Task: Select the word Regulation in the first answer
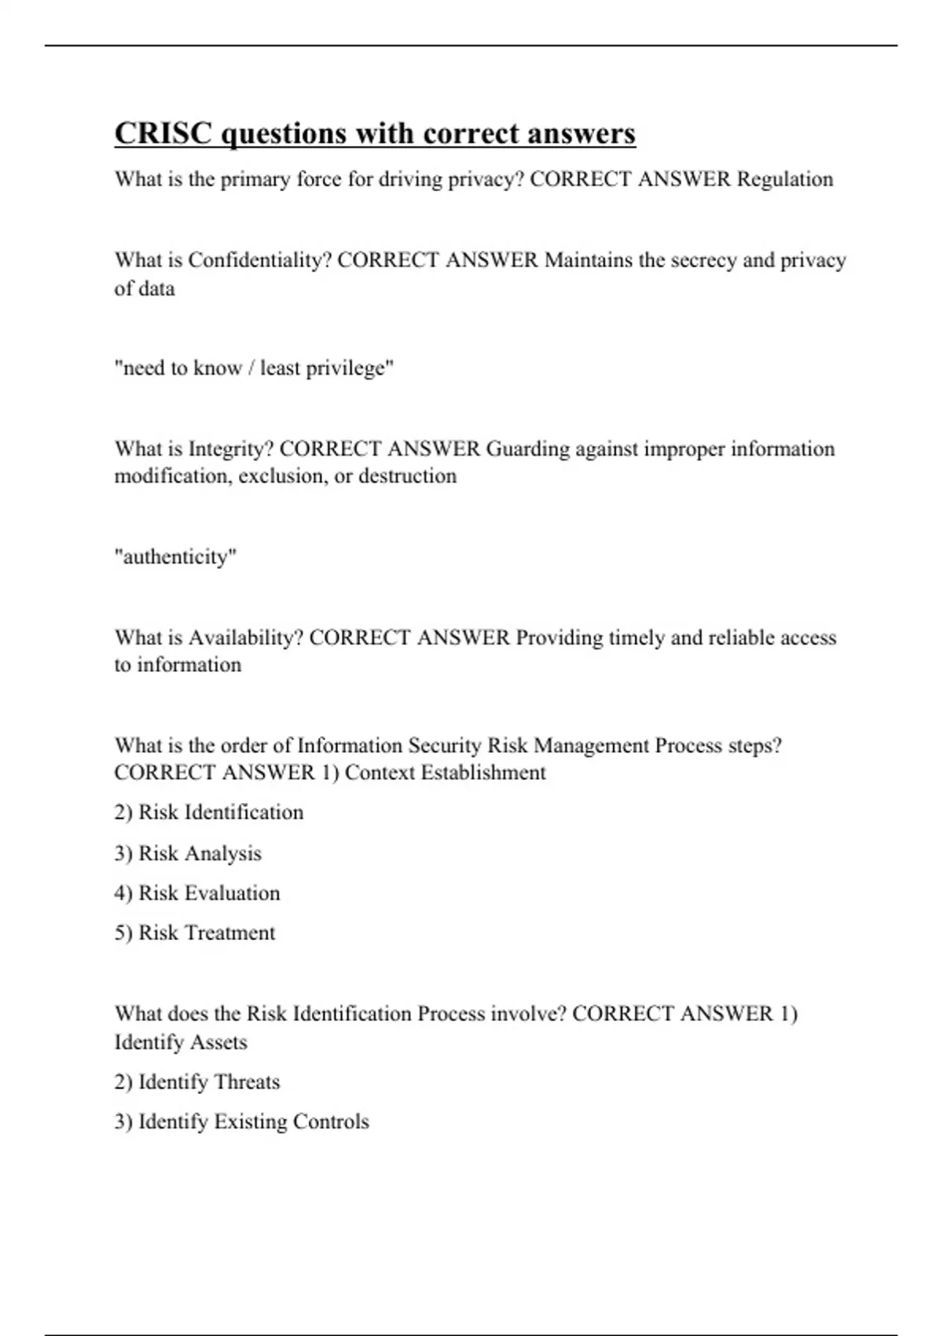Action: tap(785, 179)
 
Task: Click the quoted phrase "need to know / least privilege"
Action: tap(254, 368)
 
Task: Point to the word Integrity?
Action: tap(231, 449)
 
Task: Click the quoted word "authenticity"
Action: tap(175, 556)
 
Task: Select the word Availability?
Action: tap(245, 637)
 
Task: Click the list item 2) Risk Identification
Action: tap(208, 812)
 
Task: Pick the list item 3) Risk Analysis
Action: tap(188, 853)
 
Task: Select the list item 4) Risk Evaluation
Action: tap(196, 893)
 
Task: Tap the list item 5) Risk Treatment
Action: tap(195, 933)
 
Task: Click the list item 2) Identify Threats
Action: tap(196, 1082)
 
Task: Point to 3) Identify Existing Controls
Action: tap(241, 1121)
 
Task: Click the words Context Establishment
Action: tap(445, 773)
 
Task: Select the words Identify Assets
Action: tap(181, 1042)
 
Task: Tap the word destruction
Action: tap(407, 476)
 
